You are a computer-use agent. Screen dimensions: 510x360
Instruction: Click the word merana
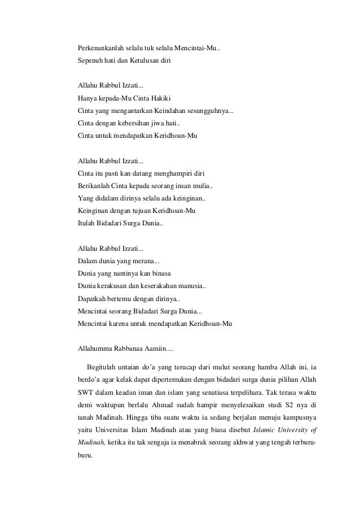(x=148, y=260)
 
